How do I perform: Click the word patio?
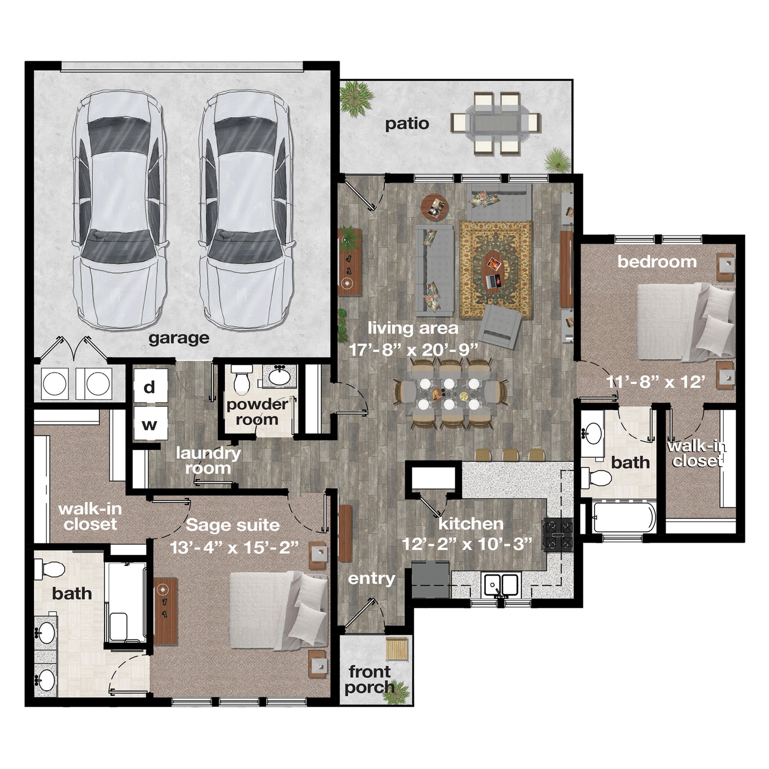(x=407, y=124)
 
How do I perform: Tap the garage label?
(x=179, y=338)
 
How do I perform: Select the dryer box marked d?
(x=150, y=386)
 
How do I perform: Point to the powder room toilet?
(x=241, y=380)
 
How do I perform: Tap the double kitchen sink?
(x=501, y=585)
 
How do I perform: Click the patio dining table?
(x=495, y=123)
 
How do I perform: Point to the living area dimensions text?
(x=413, y=350)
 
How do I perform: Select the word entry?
(x=371, y=579)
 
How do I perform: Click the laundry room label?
(x=208, y=461)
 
